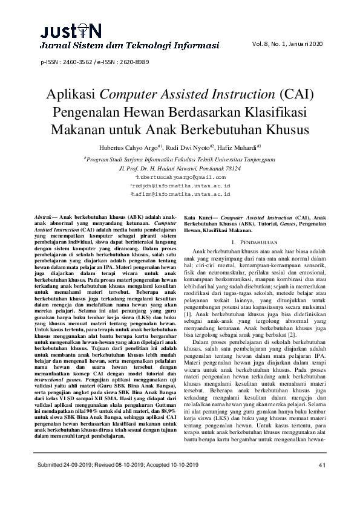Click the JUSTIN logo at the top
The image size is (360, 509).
pyautogui.click(x=63, y=30)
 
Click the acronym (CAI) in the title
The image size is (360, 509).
pyautogui.click(x=295, y=94)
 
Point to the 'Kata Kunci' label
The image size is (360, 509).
pyautogui.click(x=198, y=216)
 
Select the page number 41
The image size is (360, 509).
pyautogui.click(x=322, y=481)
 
